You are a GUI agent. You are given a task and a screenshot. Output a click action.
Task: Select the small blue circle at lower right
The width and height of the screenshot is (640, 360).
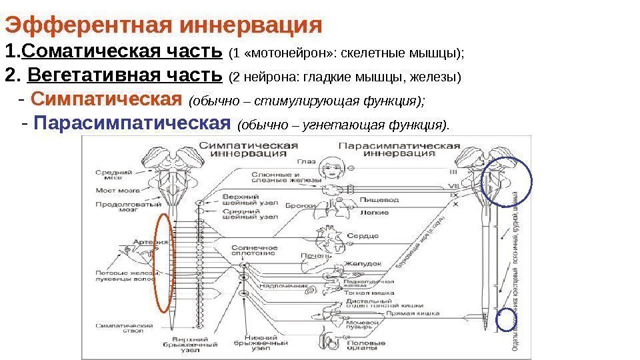pyautogui.click(x=507, y=321)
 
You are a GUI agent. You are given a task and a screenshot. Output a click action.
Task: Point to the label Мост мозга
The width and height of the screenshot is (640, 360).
pyautogui.click(x=113, y=191)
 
